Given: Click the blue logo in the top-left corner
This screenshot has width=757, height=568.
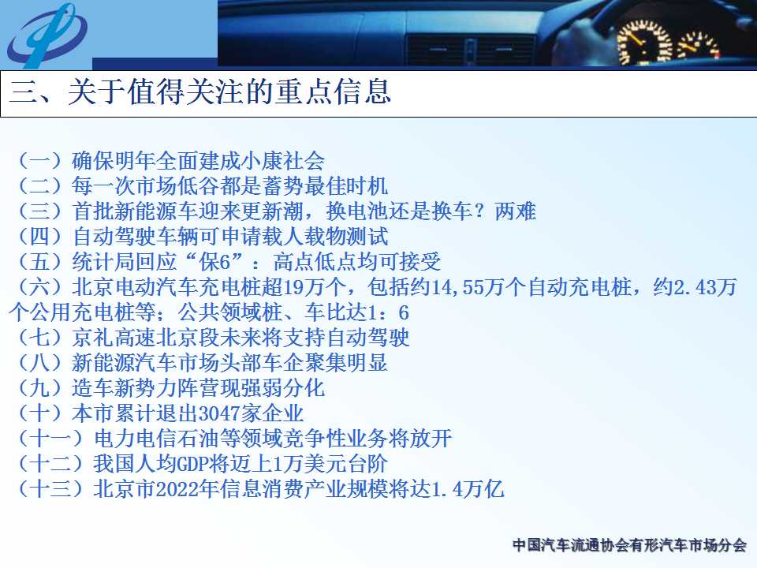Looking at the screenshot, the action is tap(47, 35).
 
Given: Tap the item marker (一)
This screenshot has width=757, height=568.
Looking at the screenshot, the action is tap(40, 160).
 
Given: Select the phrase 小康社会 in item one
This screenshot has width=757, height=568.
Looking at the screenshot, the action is tap(282, 160).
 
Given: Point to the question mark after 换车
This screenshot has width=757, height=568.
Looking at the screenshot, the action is tap(479, 211).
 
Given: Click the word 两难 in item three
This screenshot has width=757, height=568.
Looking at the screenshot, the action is tap(516, 211).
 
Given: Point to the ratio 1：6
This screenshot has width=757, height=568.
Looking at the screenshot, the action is tap(388, 312).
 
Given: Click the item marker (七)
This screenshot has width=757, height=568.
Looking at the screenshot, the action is tap(40, 337).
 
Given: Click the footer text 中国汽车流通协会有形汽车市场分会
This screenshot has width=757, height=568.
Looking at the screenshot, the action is tap(629, 545).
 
